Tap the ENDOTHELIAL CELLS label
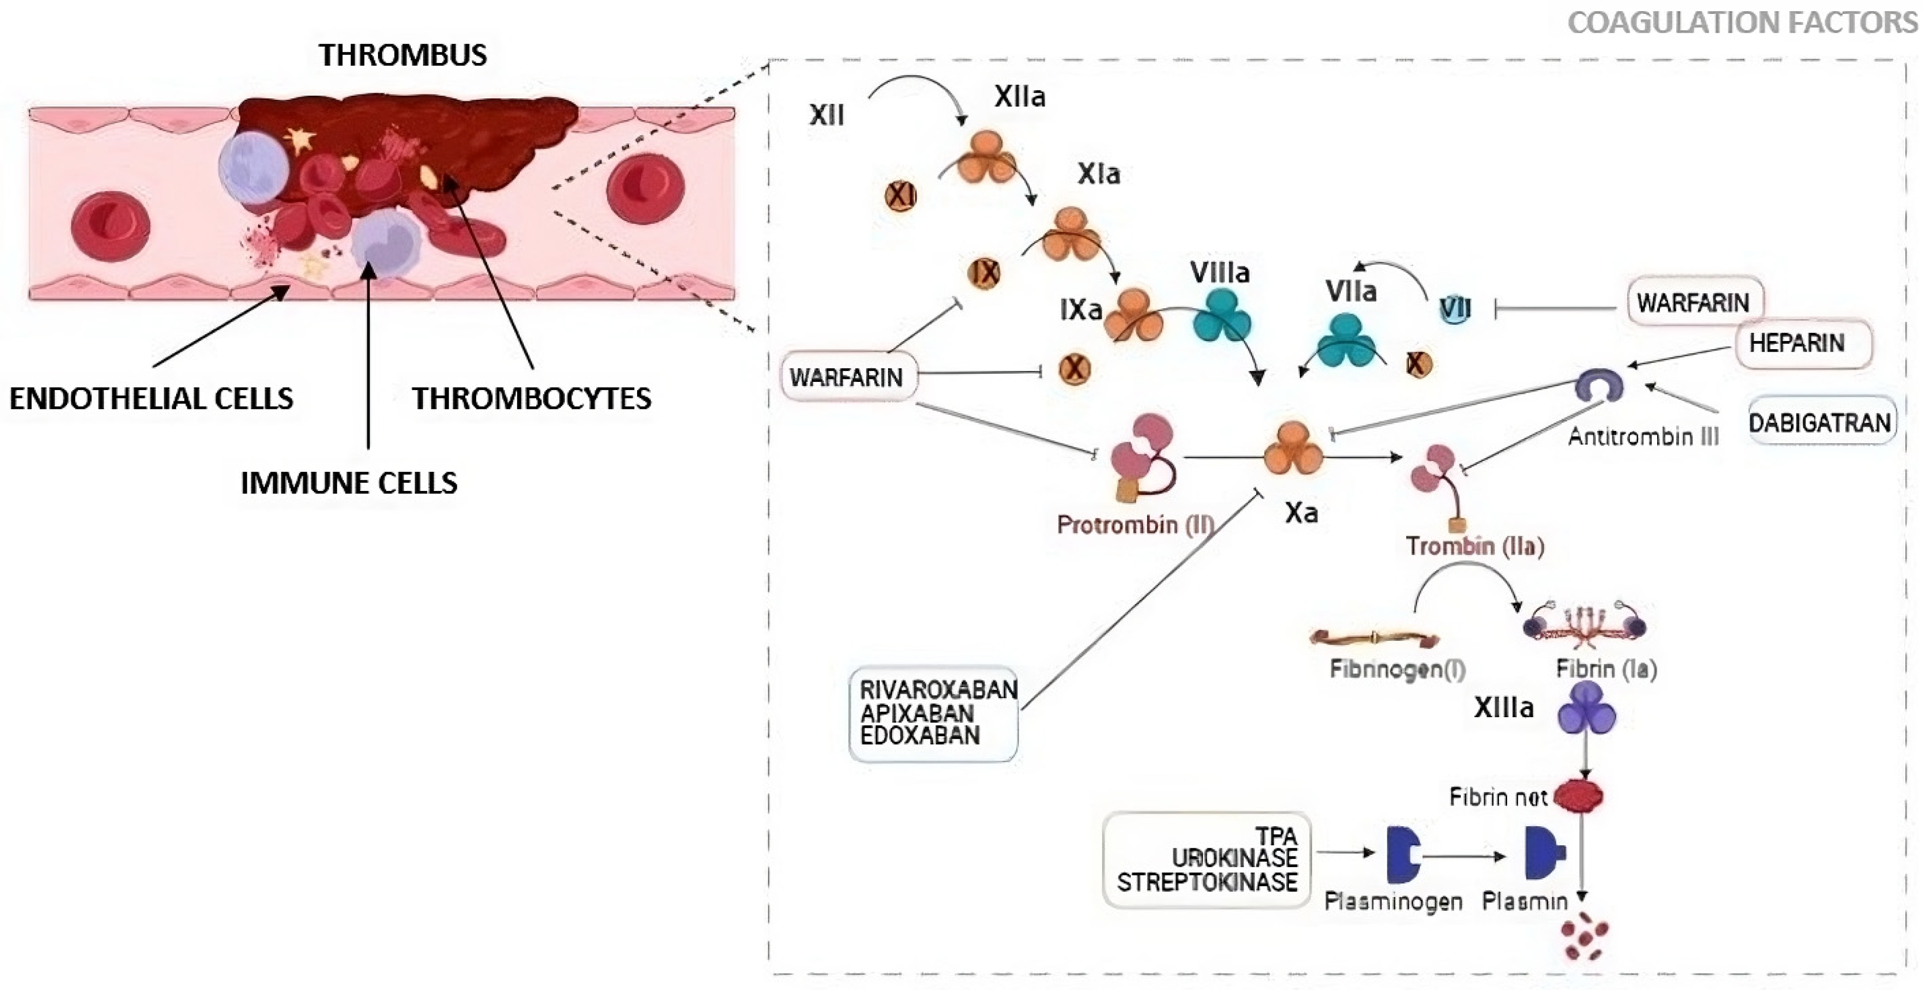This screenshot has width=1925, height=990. pos(151,398)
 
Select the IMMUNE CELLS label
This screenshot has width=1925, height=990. pos(348,483)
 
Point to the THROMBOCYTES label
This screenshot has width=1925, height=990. pos(532,398)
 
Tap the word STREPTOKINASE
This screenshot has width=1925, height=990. pos(1207,883)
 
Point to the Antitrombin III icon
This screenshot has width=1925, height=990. pos(1598,385)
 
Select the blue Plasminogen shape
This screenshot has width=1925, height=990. pos(1402,854)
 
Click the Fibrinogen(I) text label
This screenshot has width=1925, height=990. pos(1397,669)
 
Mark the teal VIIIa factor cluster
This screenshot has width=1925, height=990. pos(1221,317)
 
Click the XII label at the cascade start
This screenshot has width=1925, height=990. pos(827,115)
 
